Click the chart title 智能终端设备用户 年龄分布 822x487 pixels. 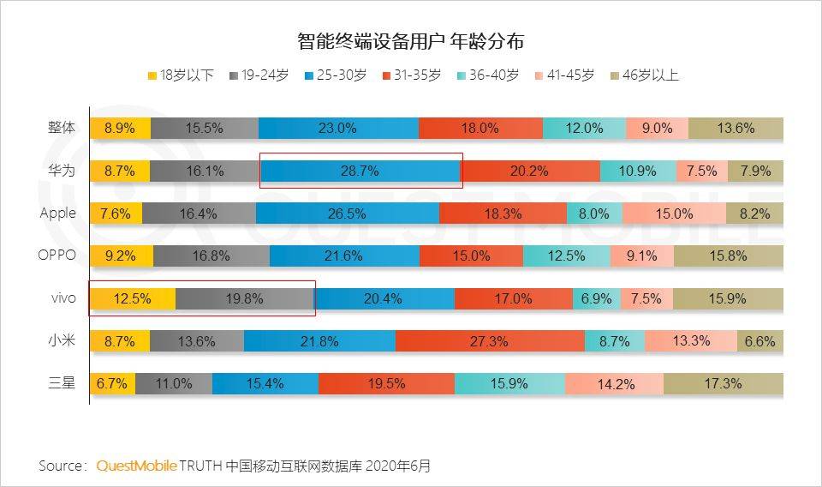(410, 40)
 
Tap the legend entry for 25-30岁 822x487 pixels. (335, 75)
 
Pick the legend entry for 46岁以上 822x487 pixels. (642, 75)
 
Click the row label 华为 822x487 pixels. (62, 171)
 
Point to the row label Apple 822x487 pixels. (58, 213)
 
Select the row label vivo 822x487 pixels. (63, 298)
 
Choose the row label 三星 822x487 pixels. (62, 383)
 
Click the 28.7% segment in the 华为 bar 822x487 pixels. (360, 171)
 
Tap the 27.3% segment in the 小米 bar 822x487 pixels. (490, 341)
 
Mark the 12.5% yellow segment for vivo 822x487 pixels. (133, 298)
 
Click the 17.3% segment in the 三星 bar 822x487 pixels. (723, 384)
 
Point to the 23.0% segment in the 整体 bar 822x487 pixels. (337, 129)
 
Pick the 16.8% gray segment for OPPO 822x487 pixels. (211, 256)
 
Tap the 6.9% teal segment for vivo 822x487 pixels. (596, 298)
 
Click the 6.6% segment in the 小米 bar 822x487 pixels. (759, 341)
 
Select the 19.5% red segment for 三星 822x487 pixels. (386, 384)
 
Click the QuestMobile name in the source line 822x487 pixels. (136, 466)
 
